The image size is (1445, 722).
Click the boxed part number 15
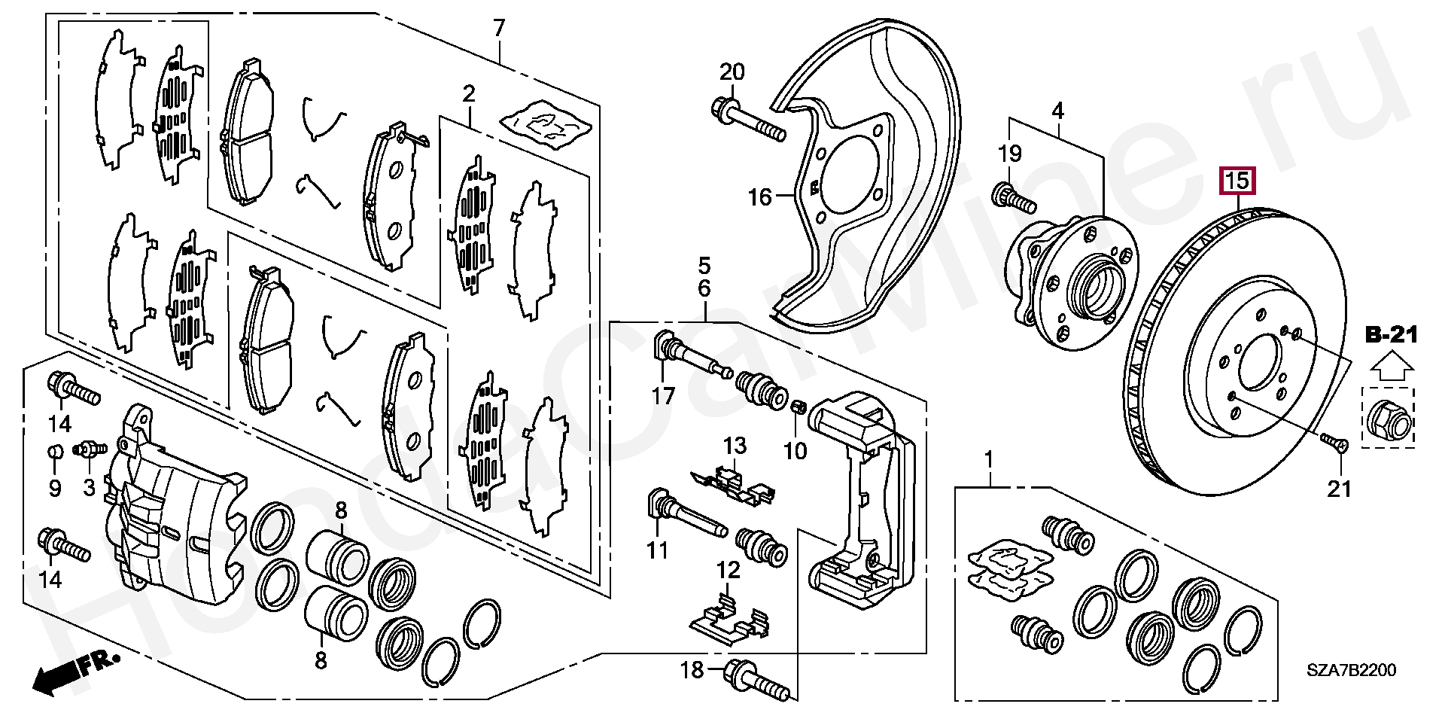tap(1237, 181)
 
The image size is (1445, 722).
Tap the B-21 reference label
tap(1392, 335)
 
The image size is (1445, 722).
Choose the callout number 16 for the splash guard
tap(759, 197)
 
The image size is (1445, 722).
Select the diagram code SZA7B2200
tap(1351, 670)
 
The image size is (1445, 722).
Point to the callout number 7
tap(500, 29)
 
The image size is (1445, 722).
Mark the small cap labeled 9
tap(54, 452)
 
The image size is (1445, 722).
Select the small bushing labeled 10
tap(800, 408)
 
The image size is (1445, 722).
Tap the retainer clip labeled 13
tap(732, 484)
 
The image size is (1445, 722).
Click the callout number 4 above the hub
tap(1057, 111)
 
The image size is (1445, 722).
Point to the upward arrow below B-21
tap(1391, 368)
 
